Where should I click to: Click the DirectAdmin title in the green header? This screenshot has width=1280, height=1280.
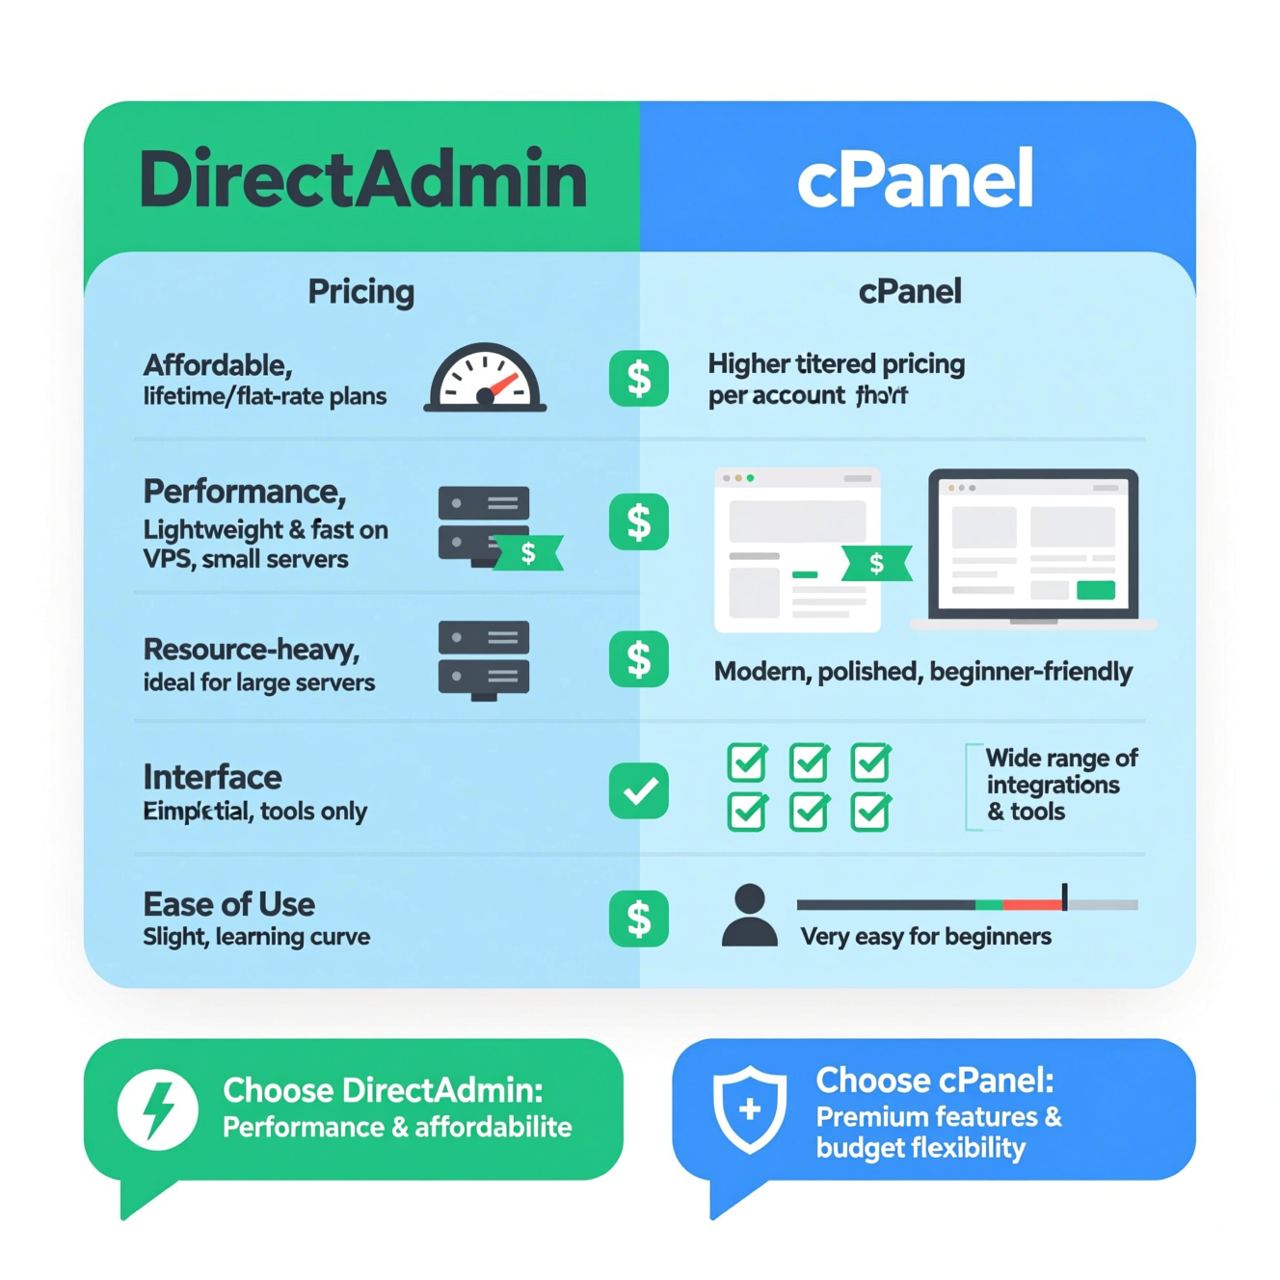click(363, 179)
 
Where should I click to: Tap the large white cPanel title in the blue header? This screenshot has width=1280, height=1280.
click(915, 179)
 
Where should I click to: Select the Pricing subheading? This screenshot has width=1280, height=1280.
click(360, 291)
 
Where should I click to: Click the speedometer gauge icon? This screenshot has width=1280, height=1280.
click(485, 379)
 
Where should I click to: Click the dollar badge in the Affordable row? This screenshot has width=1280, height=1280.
click(638, 378)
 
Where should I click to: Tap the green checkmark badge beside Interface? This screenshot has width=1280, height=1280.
click(638, 790)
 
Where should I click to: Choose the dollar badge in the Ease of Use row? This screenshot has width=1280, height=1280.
click(638, 918)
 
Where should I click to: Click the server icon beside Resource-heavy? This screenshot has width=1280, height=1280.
click(484, 659)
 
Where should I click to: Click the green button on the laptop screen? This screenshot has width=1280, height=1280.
click(1095, 590)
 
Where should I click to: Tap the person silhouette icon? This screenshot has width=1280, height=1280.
click(749, 916)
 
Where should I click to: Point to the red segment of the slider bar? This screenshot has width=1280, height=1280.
click(1031, 905)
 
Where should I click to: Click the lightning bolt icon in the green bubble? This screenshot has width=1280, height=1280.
click(158, 1108)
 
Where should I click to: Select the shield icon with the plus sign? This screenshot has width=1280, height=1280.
click(749, 1108)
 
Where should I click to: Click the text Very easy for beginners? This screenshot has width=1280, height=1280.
click(925, 937)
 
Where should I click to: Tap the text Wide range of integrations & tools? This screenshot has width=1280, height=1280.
click(1060, 785)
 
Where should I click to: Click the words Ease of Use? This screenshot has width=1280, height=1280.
click(228, 904)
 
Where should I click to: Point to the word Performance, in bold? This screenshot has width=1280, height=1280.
click(244, 492)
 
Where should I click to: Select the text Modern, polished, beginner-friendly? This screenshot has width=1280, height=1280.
click(922, 672)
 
